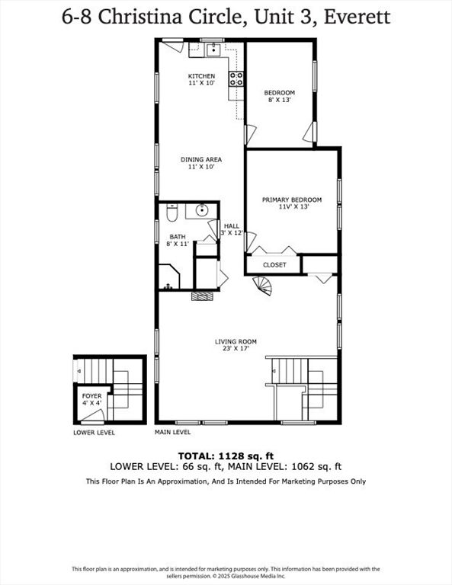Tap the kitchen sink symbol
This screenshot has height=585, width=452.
pyautogui.click(x=213, y=51)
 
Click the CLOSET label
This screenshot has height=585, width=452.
pyautogui.click(x=274, y=265)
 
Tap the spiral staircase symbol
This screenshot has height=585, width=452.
pyautogui.click(x=263, y=286)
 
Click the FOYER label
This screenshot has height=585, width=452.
pyautogui.click(x=91, y=398)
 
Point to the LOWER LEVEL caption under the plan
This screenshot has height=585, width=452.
pyautogui.click(x=94, y=432)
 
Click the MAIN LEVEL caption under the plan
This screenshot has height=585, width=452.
pyautogui.click(x=173, y=432)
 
